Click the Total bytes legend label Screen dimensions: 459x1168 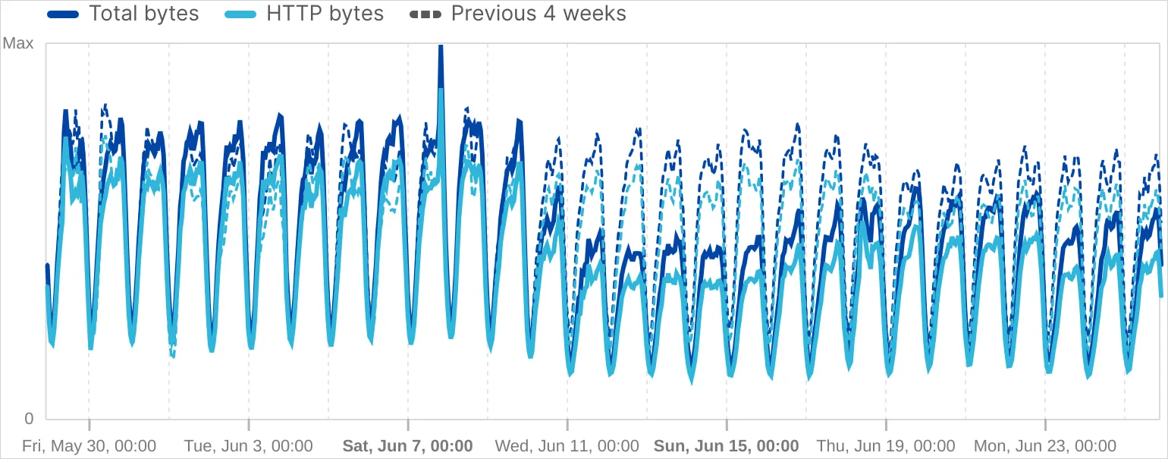pos(143,14)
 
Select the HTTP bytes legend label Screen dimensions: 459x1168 pos(325,14)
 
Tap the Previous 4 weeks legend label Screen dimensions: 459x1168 pos(538,14)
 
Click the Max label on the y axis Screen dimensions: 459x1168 pos(18,44)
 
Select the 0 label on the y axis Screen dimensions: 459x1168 pos(29,418)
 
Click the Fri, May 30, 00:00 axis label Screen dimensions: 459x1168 pos(89,445)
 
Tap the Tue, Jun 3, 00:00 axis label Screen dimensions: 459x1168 pos(248,445)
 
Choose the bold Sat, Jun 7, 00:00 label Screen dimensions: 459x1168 pos(408,445)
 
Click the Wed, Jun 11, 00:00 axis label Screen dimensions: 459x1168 pos(567,445)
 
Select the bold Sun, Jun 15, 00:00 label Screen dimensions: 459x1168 pos(727,445)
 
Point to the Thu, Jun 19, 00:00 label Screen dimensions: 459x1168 pos(885,445)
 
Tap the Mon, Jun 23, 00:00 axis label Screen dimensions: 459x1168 pos(1044,445)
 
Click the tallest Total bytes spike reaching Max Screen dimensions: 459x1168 pos(441,49)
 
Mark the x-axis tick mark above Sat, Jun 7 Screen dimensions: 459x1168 pos(408,426)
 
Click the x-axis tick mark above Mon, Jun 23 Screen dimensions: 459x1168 pos(1045,426)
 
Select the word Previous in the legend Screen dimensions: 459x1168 pos(485,14)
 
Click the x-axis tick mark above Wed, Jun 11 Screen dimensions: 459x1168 pos(567,426)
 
